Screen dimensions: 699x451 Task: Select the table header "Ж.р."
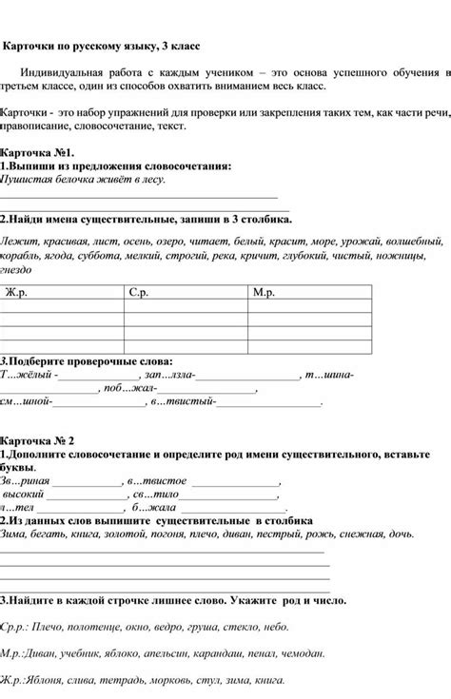18,292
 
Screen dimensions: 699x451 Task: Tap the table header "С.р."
140,292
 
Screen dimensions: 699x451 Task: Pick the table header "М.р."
265,292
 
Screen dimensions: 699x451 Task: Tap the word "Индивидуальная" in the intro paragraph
77,72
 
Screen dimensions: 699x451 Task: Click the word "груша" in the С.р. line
199,628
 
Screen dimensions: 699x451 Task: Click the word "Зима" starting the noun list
16,534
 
